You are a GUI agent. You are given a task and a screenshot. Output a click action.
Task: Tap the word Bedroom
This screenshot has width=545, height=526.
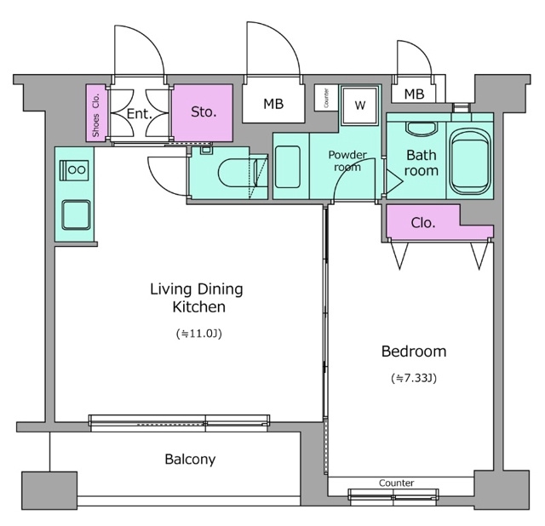click(413, 352)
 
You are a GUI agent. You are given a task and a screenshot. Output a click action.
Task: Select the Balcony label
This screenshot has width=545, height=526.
click(190, 460)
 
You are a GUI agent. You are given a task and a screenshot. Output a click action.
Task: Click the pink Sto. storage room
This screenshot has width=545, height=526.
click(203, 111)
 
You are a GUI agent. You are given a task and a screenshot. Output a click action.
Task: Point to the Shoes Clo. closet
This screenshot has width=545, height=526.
click(95, 112)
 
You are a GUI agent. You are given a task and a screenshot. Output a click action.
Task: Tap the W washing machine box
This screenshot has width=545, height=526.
click(360, 106)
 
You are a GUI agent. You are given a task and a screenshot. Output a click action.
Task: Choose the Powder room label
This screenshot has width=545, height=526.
click(347, 161)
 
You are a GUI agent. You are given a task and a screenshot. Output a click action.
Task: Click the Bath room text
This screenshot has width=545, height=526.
click(421, 163)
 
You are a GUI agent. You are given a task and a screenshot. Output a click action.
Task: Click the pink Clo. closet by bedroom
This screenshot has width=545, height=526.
click(423, 224)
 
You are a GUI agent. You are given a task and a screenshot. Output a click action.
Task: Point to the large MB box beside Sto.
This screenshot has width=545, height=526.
click(272, 105)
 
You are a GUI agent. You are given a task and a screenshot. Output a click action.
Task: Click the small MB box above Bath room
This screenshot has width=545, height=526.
click(415, 94)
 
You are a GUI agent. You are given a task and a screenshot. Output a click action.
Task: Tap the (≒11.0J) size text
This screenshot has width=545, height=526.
click(198, 334)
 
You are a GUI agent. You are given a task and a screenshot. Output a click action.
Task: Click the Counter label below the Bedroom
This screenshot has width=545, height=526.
click(396, 483)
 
